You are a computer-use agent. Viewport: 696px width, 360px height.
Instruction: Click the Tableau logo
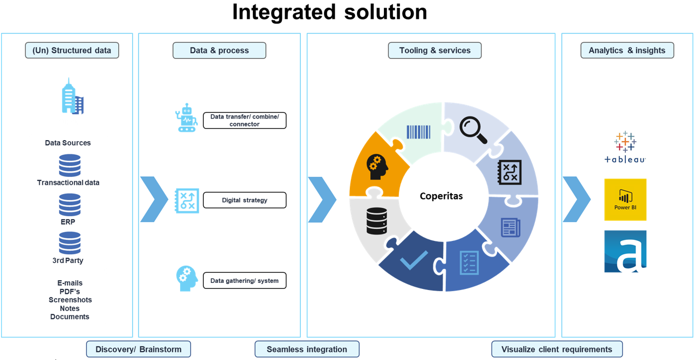tap(625, 147)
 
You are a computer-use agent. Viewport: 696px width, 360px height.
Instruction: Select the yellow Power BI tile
tap(625, 199)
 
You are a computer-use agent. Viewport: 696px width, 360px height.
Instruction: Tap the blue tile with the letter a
tap(625, 251)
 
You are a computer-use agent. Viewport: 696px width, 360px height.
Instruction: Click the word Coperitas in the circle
tap(441, 196)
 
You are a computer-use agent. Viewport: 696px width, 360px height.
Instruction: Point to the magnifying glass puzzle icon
tap(473, 130)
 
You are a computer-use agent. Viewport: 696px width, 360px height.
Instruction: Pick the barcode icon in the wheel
tap(418, 132)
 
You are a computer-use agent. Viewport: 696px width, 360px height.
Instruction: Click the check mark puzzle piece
tap(414, 260)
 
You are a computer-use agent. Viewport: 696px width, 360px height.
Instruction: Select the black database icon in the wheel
tap(377, 221)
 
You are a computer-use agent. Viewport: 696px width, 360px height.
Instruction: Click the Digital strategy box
tap(244, 200)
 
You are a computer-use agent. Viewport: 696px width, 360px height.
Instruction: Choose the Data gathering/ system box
tap(244, 281)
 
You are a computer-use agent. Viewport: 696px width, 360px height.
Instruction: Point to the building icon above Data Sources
tap(72, 97)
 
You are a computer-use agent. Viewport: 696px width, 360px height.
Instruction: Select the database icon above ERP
tap(70, 205)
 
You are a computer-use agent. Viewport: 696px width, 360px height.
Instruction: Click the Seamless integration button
tap(307, 349)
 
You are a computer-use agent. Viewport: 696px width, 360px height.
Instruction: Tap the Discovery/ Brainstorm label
tap(139, 349)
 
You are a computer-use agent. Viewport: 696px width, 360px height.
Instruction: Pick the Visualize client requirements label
tap(556, 349)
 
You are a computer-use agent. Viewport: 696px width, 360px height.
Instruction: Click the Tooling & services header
tap(435, 51)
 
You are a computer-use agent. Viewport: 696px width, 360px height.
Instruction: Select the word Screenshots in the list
tap(70, 300)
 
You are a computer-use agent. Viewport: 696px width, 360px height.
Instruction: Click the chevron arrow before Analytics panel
tap(576, 199)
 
